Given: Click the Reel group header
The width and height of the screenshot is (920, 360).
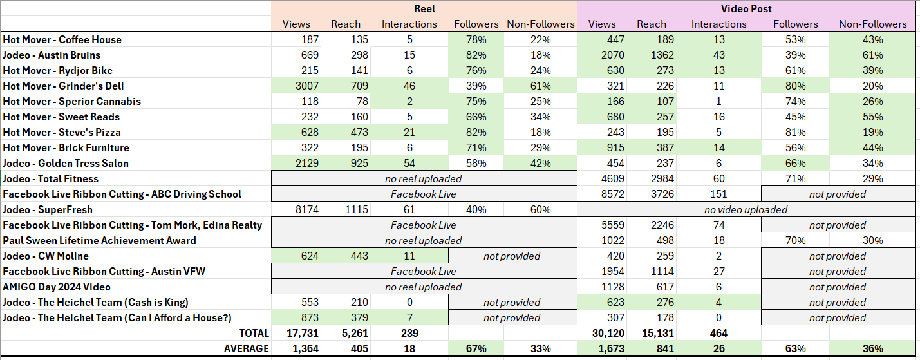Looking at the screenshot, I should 424,8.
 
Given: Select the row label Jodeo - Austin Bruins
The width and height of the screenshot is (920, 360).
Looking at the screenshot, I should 52,55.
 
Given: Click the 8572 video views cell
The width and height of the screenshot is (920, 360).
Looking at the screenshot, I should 602,194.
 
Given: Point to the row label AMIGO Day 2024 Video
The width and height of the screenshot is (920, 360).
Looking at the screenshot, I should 57,287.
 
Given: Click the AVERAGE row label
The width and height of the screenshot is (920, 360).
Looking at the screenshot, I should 247,348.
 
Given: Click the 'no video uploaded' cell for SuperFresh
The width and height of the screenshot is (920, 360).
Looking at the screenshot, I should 746,209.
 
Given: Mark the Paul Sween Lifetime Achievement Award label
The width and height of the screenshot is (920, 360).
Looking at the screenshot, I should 99,240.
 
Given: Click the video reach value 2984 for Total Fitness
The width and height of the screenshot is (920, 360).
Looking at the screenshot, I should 652,178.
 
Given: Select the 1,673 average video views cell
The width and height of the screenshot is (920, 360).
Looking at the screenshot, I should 602,348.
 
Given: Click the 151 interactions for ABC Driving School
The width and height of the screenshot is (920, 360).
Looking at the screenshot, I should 718,194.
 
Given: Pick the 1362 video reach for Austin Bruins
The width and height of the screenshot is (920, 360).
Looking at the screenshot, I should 652,55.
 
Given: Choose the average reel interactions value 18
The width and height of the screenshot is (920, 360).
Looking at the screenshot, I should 409,348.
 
